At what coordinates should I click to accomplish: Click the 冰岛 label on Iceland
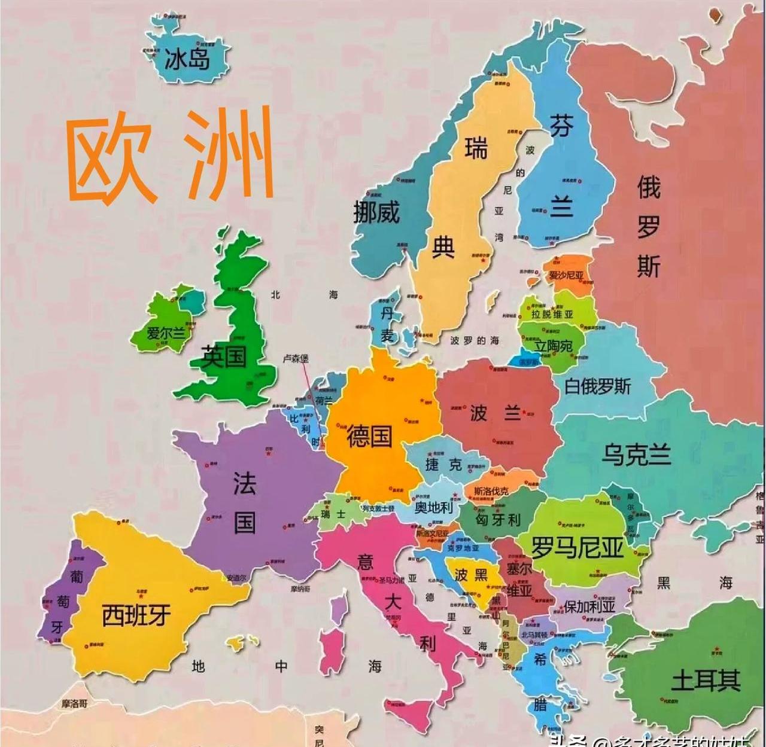pyautogui.click(x=187, y=59)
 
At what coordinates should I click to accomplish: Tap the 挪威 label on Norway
pyautogui.click(x=376, y=212)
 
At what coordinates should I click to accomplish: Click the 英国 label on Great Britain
pyautogui.click(x=224, y=357)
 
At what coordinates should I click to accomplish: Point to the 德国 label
pyautogui.click(x=369, y=436)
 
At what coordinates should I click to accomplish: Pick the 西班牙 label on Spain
pyautogui.click(x=136, y=615)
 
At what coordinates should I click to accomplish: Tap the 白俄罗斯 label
pyautogui.click(x=597, y=386)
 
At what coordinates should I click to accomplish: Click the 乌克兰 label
pyautogui.click(x=636, y=455)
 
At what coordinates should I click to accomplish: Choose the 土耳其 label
pyautogui.click(x=706, y=680)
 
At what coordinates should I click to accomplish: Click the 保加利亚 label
pyautogui.click(x=589, y=606)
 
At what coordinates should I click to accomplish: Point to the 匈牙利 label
pyautogui.click(x=498, y=519)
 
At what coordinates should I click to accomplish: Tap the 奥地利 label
pyautogui.click(x=434, y=507)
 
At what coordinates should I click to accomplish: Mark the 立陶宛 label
pyautogui.click(x=553, y=346)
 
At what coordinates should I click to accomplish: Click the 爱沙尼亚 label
pyautogui.click(x=566, y=275)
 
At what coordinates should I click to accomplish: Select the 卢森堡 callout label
pyautogui.click(x=296, y=359)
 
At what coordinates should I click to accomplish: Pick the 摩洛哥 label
pyautogui.click(x=75, y=703)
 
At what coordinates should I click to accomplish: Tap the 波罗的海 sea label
pyautogui.click(x=475, y=340)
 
